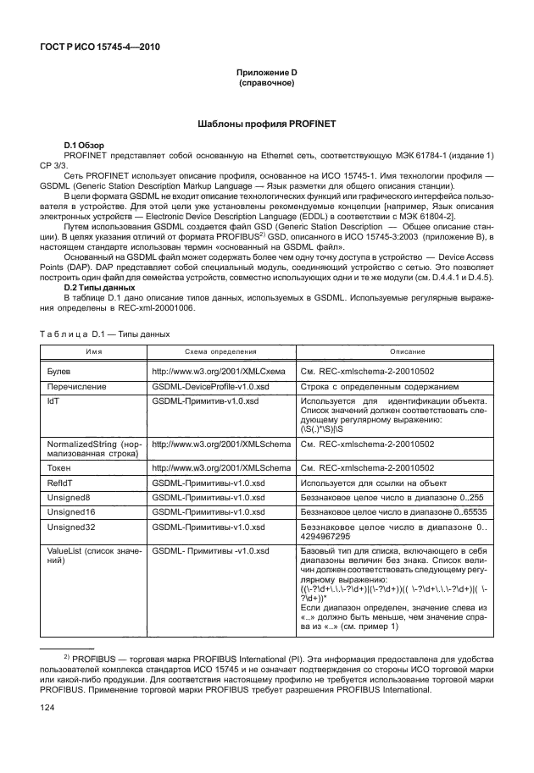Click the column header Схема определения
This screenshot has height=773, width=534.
[x=220, y=351]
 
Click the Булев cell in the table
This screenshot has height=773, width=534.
[x=58, y=371]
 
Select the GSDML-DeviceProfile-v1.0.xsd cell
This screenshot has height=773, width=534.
[x=211, y=385]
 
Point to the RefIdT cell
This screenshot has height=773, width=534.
[x=59, y=481]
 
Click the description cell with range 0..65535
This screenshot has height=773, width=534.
[x=393, y=512]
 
